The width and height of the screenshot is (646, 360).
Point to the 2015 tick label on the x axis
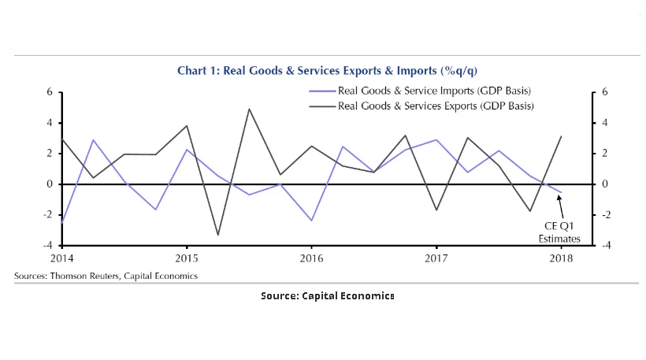click(186, 258)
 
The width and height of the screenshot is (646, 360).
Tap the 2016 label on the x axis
click(311, 258)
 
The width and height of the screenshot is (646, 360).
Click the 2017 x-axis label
click(436, 258)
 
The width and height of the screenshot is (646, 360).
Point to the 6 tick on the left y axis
click(49, 92)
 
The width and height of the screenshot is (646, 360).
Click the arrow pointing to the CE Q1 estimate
click(562, 206)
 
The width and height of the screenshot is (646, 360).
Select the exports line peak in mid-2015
click(249, 109)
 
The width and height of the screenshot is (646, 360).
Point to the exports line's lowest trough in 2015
click(217, 235)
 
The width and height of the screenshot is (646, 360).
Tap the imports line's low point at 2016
click(311, 221)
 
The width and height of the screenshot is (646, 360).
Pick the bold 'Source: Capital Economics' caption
click(327, 295)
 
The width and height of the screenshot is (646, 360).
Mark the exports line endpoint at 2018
click(562, 136)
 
